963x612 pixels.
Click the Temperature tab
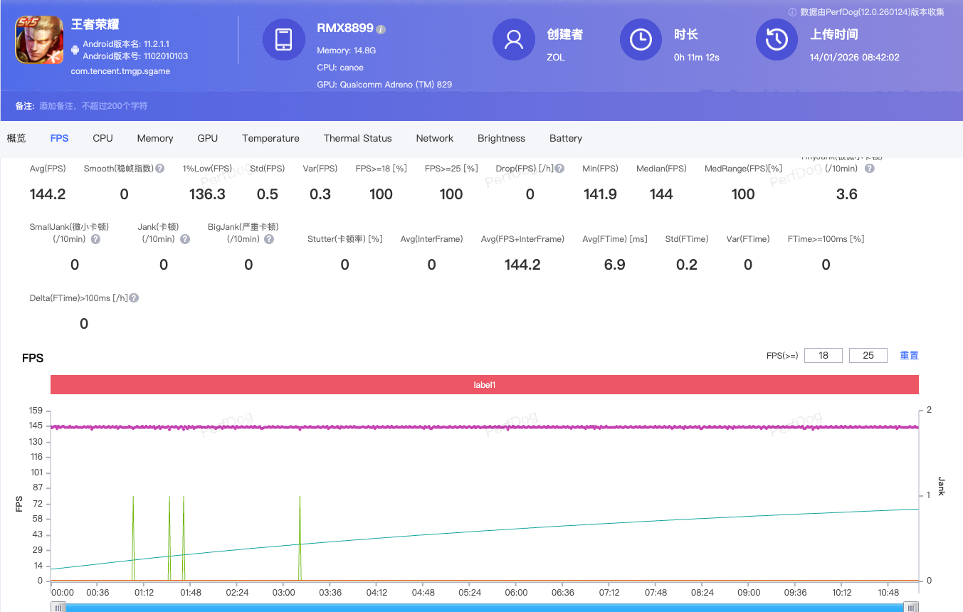(x=270, y=138)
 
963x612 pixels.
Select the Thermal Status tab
(x=357, y=138)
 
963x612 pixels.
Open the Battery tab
(x=565, y=138)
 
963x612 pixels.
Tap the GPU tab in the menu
(x=207, y=138)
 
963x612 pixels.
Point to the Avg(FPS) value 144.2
(x=48, y=194)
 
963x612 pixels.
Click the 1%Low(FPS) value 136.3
(x=207, y=194)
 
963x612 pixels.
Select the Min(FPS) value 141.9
(x=600, y=194)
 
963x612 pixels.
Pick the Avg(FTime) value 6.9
(x=614, y=265)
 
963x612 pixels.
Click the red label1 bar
(x=484, y=385)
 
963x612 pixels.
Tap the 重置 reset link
(x=909, y=355)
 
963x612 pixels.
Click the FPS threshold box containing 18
(x=823, y=355)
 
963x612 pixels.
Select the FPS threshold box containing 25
(x=868, y=355)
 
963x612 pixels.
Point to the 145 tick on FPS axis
(x=36, y=426)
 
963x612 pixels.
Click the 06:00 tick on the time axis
(x=516, y=592)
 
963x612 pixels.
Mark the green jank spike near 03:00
(x=300, y=527)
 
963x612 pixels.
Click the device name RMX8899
(x=345, y=28)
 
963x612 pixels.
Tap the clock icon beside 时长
(x=641, y=40)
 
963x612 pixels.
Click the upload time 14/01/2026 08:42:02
(x=854, y=57)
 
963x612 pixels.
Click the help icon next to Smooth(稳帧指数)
(x=160, y=169)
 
